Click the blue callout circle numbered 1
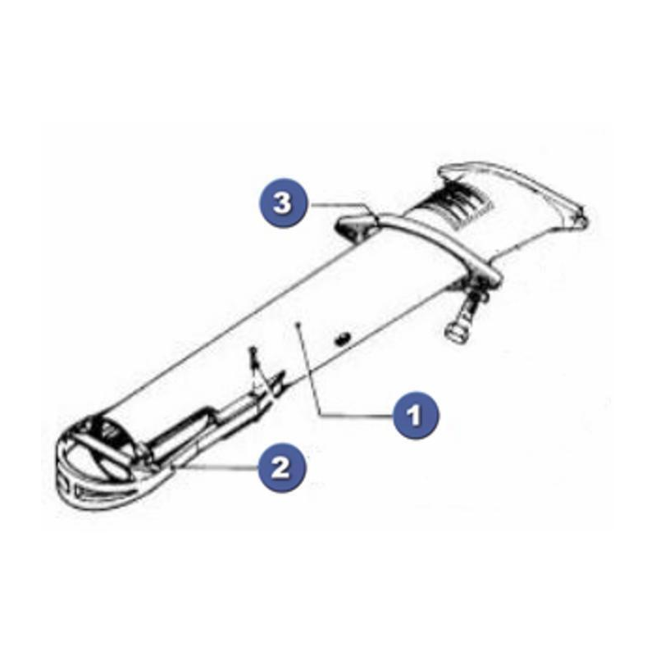416,415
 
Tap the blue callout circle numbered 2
281,467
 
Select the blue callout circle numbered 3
282,203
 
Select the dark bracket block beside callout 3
357,226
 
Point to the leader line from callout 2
217,467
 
